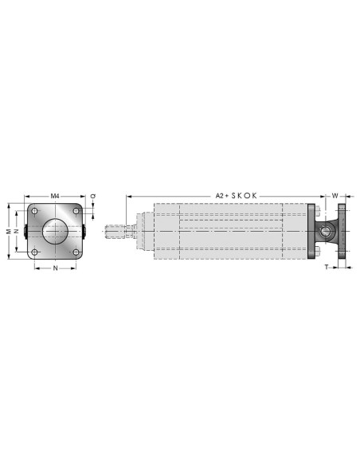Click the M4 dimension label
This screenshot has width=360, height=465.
point(55,196)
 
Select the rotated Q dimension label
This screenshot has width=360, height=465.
point(93,196)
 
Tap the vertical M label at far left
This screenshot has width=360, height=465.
point(10,231)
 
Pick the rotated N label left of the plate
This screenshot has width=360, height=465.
point(17,231)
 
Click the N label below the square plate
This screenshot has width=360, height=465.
point(55,268)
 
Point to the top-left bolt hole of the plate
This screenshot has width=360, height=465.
point(35,211)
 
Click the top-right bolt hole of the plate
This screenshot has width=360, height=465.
point(76,211)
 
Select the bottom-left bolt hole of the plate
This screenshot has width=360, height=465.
point(35,252)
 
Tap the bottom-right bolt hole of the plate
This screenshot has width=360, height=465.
point(76,252)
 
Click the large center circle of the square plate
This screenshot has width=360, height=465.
point(56,232)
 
